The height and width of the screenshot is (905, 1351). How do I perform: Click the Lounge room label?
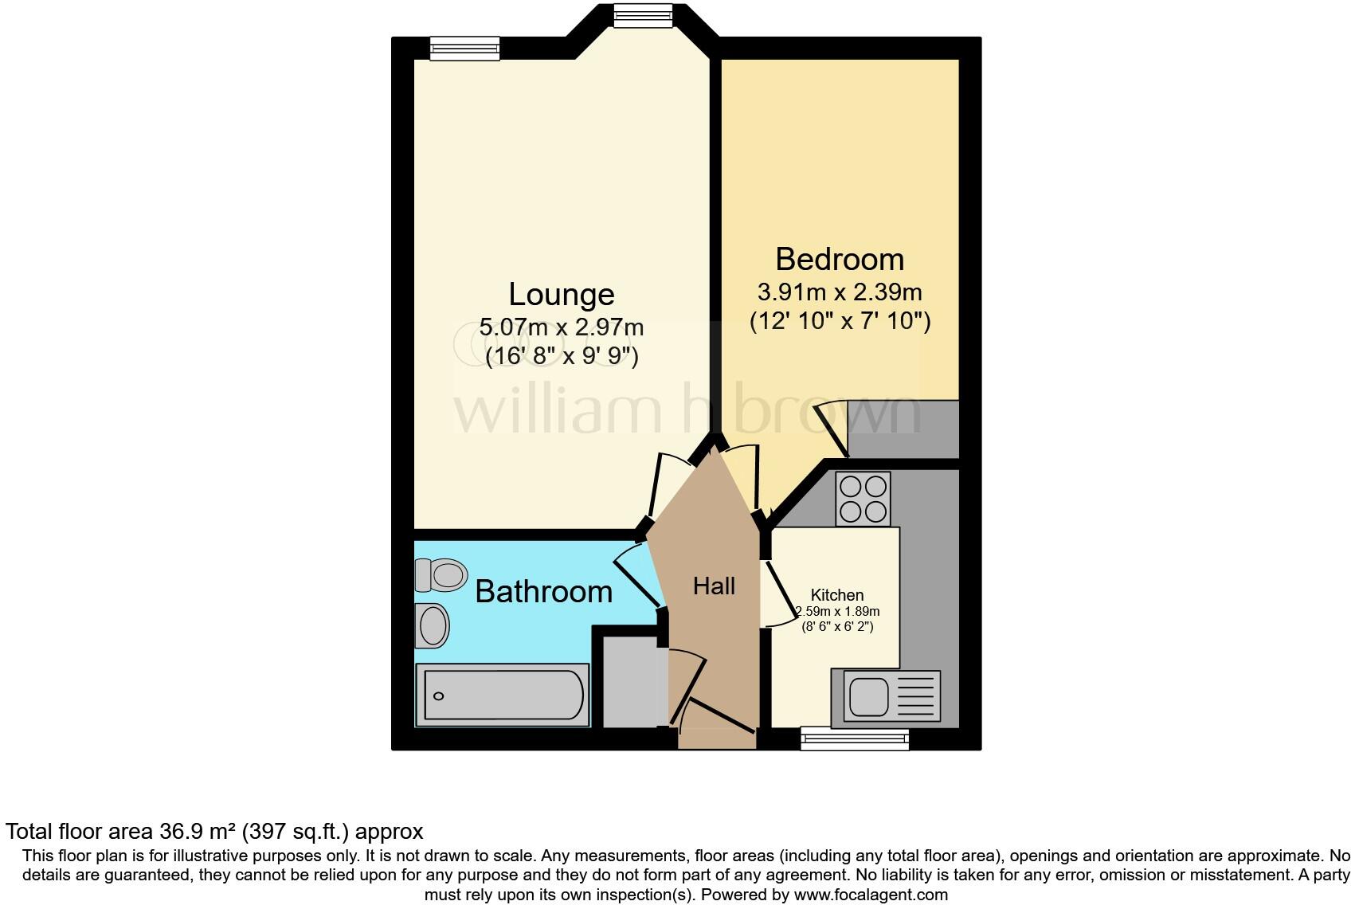[x=562, y=295]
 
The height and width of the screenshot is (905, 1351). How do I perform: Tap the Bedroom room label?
[x=840, y=260]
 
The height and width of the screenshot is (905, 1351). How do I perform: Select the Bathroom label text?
[x=543, y=591]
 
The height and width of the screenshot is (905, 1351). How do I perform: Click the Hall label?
[x=714, y=586]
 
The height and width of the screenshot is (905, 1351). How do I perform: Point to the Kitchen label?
[x=837, y=595]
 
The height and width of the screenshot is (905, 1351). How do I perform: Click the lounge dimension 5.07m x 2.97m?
[x=562, y=327]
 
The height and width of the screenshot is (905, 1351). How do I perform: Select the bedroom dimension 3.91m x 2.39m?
[x=840, y=292]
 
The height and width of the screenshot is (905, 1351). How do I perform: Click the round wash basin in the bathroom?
[x=434, y=625]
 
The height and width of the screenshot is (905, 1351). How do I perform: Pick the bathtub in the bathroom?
[x=503, y=695]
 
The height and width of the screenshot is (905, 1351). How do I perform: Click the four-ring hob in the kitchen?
[x=863, y=499]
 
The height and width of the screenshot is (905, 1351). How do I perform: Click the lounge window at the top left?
[x=464, y=49]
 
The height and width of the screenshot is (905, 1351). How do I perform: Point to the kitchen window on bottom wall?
[x=855, y=738]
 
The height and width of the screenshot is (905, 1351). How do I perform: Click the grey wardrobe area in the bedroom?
[x=904, y=429]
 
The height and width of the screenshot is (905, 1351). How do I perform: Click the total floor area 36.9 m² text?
[x=214, y=832]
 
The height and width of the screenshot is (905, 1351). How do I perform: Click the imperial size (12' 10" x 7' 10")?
[x=840, y=322]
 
